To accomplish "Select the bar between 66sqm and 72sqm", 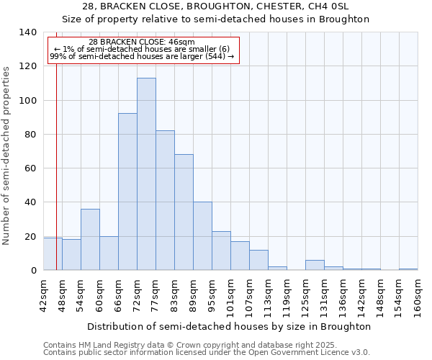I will (127, 192).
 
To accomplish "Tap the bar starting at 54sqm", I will (90, 239).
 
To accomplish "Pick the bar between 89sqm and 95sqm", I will (202, 236).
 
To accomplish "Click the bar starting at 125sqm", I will (315, 265).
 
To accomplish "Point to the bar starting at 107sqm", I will (258, 260).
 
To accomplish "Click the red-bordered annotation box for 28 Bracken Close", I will (143, 50).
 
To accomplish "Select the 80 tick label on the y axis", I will (30, 135).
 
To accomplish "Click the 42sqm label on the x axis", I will (44, 295).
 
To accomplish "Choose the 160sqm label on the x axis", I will (418, 295).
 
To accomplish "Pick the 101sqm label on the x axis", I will (230, 295).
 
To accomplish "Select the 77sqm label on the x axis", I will (156, 295).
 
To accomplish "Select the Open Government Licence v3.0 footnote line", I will (207, 352).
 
